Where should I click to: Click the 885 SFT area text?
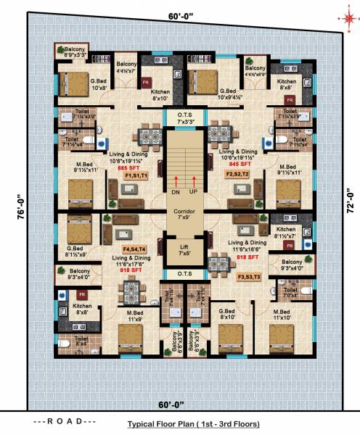(137, 167)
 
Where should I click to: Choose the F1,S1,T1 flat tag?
(136, 176)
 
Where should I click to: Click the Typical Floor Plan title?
(193, 423)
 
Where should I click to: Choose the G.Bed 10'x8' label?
(99, 84)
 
